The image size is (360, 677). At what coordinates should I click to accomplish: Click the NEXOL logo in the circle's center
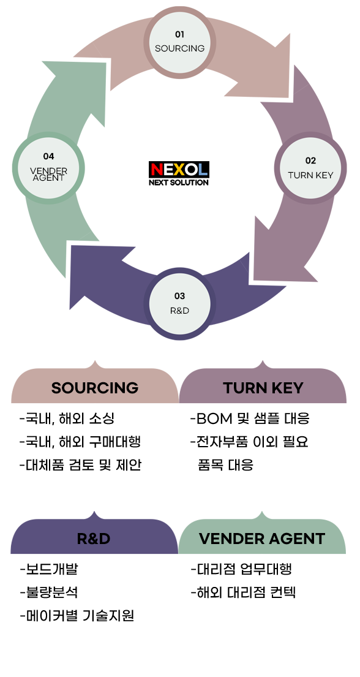coord(179,173)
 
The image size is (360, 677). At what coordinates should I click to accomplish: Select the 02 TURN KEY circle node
coord(310,168)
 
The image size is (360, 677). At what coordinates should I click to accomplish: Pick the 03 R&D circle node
coord(179,303)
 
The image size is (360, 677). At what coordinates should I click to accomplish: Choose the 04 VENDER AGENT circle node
coord(48,168)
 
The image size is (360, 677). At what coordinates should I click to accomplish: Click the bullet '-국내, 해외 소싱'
coord(67,418)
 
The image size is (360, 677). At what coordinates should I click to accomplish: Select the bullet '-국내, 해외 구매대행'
coord(80,442)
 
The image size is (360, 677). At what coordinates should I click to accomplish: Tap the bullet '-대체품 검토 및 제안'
coord(80,465)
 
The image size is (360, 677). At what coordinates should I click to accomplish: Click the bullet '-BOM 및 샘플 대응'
coord(250,418)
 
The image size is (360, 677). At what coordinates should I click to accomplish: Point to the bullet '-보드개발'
coord(49,569)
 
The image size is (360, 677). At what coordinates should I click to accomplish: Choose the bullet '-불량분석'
coord(49,592)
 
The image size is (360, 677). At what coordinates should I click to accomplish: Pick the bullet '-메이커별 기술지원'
coord(77,615)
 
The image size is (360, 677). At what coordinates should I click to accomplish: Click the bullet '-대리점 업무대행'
coord(241,569)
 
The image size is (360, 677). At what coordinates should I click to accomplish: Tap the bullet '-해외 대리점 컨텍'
coord(243,592)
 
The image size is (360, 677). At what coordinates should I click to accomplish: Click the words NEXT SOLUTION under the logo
coord(179,182)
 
